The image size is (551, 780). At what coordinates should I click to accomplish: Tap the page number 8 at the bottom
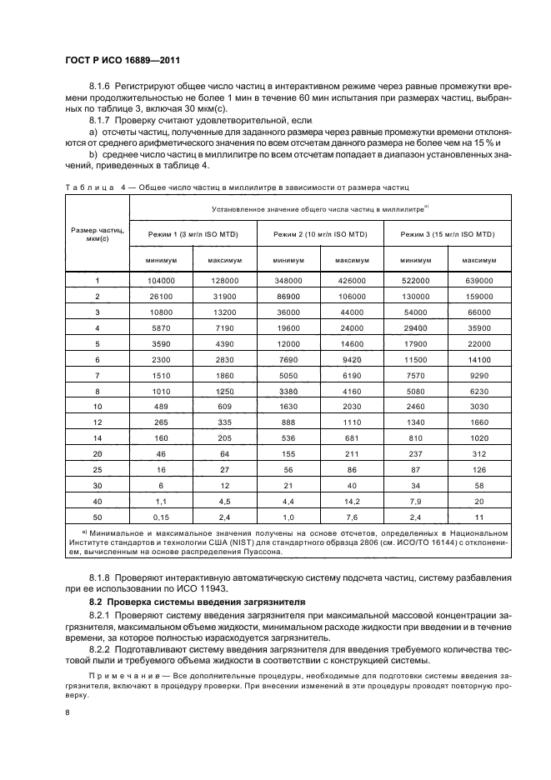68,712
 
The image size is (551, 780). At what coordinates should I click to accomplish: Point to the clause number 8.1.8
102,577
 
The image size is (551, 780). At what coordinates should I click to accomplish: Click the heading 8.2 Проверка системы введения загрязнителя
197,601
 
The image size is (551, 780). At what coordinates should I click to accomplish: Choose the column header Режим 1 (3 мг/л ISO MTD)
194,234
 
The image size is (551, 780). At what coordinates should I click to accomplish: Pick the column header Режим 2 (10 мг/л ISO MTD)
320,234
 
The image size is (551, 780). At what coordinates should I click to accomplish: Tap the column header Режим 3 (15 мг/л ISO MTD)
447,234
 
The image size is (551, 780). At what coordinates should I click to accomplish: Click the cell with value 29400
415,327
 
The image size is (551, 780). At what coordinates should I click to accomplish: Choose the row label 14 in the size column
98,437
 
